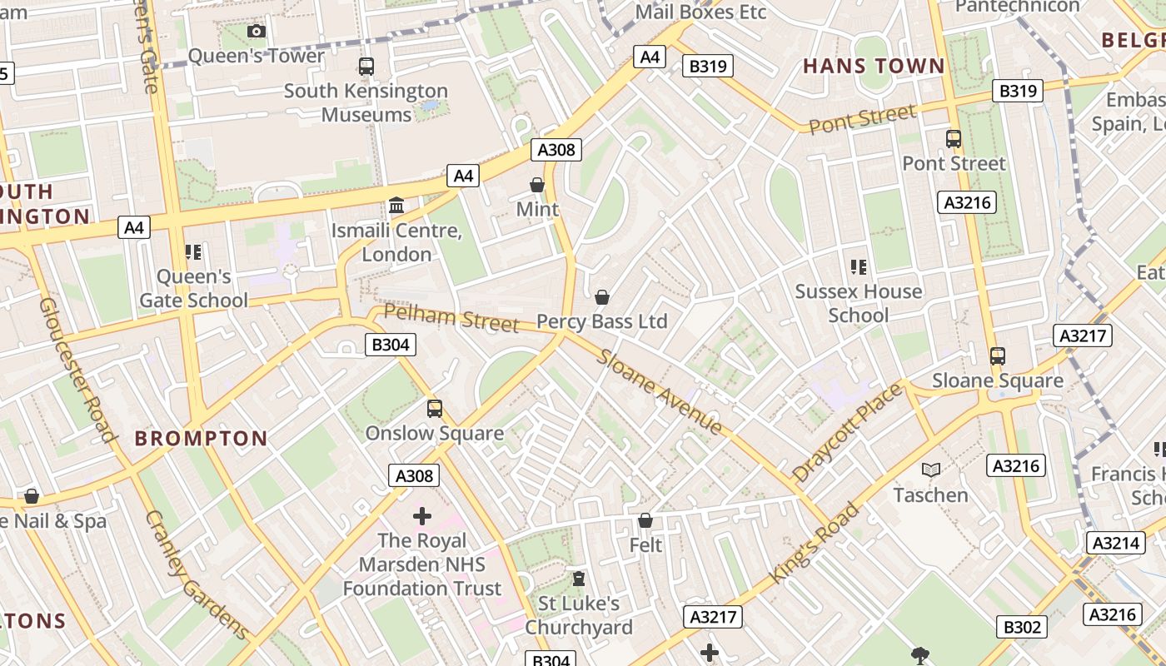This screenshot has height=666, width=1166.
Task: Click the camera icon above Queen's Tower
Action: point(257,32)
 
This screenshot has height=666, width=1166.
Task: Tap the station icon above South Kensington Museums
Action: point(366,67)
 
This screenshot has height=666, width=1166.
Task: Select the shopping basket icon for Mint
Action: point(537,185)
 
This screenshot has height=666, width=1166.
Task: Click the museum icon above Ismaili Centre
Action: point(396,205)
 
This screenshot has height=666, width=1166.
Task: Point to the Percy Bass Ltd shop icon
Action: point(602,297)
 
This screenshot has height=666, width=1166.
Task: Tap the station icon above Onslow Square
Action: point(435,409)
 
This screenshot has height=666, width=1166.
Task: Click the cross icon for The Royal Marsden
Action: point(422,516)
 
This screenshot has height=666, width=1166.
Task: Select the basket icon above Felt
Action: point(645,521)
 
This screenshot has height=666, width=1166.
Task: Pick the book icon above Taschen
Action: point(931,470)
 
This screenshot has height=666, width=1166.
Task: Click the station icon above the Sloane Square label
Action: point(998,356)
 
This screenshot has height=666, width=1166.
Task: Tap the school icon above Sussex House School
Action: point(859,267)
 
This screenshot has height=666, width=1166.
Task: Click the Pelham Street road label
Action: point(451,318)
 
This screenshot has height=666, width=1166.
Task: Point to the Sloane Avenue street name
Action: point(659,392)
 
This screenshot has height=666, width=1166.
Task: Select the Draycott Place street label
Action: point(847,433)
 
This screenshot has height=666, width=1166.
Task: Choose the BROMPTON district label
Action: point(202,439)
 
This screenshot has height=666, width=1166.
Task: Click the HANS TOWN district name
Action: point(874,67)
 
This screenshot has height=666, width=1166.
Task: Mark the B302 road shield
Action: point(1022,628)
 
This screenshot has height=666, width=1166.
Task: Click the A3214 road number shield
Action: point(1114,543)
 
